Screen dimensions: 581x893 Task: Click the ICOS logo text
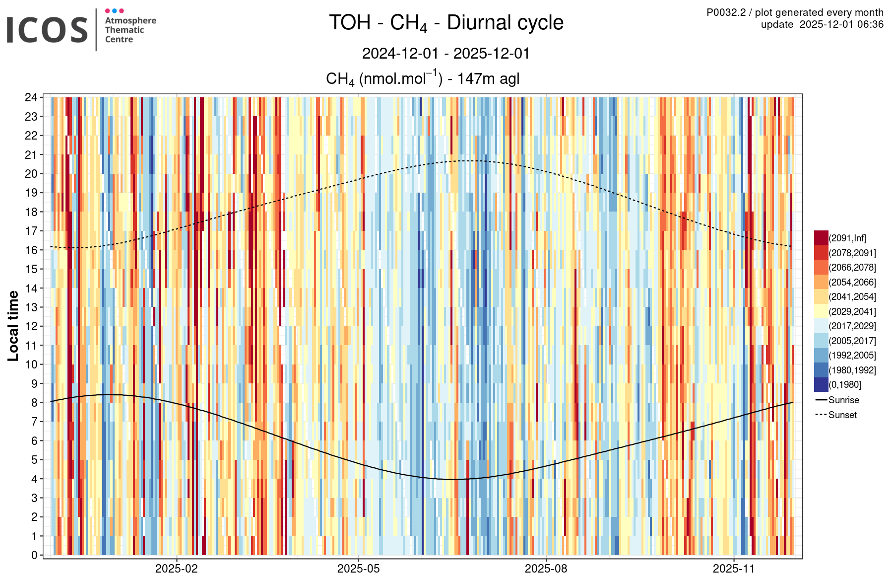click(47, 30)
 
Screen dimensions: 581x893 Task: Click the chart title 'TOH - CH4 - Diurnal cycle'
click(446, 23)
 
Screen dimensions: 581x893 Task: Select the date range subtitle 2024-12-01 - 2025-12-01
click(446, 53)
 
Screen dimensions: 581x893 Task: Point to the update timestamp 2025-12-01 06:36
click(822, 24)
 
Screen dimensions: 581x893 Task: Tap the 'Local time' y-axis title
click(13, 326)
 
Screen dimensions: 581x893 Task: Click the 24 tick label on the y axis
click(31, 97)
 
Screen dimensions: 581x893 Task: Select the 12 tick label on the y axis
click(31, 326)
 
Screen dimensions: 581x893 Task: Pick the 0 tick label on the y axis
click(34, 555)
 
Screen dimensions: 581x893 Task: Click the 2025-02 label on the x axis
click(176, 569)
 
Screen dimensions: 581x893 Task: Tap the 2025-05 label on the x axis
click(358, 569)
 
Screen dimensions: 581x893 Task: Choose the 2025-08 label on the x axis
click(546, 569)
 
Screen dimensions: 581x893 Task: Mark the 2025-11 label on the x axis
click(733, 569)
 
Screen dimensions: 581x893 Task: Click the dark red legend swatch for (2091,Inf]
click(821, 238)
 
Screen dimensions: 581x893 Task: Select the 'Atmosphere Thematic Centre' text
click(130, 30)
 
